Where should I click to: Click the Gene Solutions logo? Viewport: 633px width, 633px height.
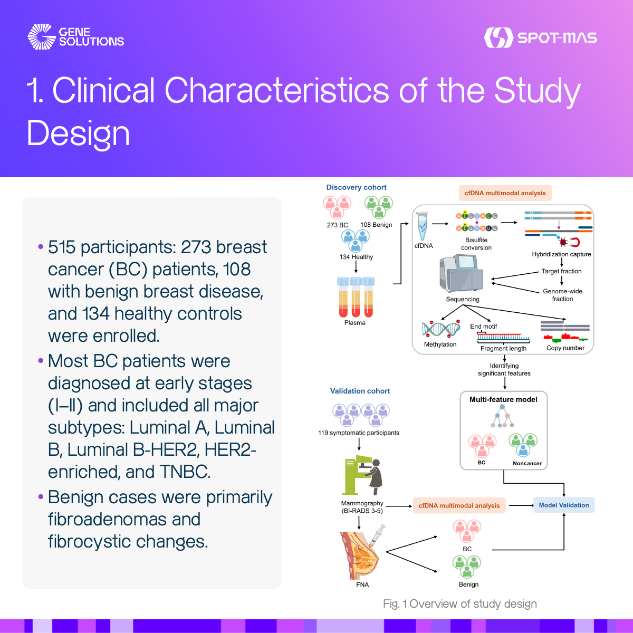pos(75,37)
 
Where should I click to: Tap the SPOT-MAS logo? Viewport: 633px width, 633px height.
pos(540,37)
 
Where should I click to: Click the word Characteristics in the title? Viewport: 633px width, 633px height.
pos(276,91)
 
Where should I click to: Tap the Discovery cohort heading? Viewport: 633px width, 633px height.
pos(356,187)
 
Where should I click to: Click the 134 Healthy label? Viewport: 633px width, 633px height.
pos(356,257)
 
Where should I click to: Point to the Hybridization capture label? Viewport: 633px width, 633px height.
pos(561,254)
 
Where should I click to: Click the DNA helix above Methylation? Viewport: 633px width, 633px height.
pos(441,330)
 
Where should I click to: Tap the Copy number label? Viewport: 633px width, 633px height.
pos(565,348)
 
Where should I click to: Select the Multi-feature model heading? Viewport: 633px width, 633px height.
pos(503,399)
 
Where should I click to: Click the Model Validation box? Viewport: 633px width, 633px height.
pos(564,505)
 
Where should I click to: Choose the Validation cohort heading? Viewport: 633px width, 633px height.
pos(360,391)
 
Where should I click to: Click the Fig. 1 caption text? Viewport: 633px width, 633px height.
pos(460,604)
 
